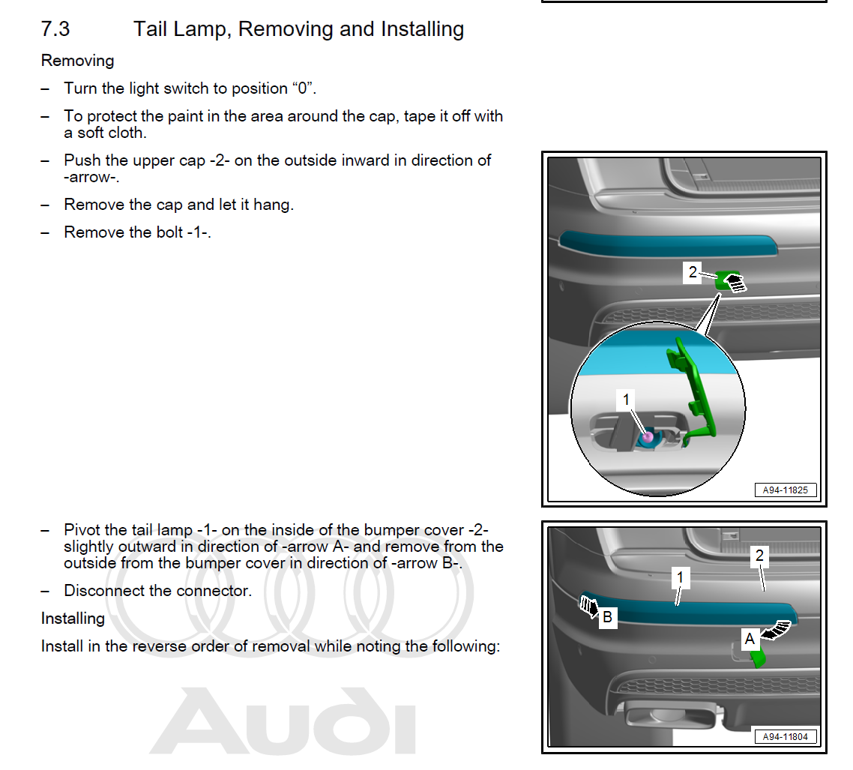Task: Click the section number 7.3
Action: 55,29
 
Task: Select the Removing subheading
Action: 77,60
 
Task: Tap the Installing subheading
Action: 73,618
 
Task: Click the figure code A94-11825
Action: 785,490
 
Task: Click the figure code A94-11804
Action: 785,737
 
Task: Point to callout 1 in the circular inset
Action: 627,400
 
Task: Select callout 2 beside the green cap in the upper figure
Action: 693,272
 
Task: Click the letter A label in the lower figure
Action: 750,639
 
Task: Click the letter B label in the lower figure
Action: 608,617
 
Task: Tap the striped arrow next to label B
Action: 587,605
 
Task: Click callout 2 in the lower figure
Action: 759,556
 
